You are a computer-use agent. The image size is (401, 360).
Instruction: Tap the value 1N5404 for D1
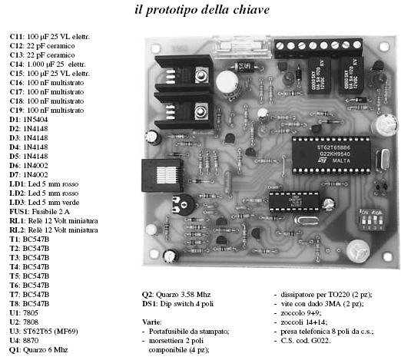coord(35,120)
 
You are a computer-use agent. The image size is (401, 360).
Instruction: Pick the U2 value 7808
coord(31,322)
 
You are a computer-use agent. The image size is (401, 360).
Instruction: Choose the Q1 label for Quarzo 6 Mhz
coord(15,350)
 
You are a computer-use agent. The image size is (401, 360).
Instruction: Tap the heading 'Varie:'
coord(151,322)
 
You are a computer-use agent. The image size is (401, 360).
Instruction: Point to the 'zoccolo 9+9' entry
coord(300,313)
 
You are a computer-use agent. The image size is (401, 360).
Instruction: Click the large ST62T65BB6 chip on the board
coord(331,155)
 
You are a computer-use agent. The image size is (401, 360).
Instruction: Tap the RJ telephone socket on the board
coord(163,176)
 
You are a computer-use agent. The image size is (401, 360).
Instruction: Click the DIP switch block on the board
coord(372,220)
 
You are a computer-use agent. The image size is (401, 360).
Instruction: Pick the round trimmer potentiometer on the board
coord(183,204)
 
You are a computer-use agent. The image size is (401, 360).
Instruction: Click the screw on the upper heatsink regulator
coord(200,74)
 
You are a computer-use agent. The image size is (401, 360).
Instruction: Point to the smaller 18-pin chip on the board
coord(294,202)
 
